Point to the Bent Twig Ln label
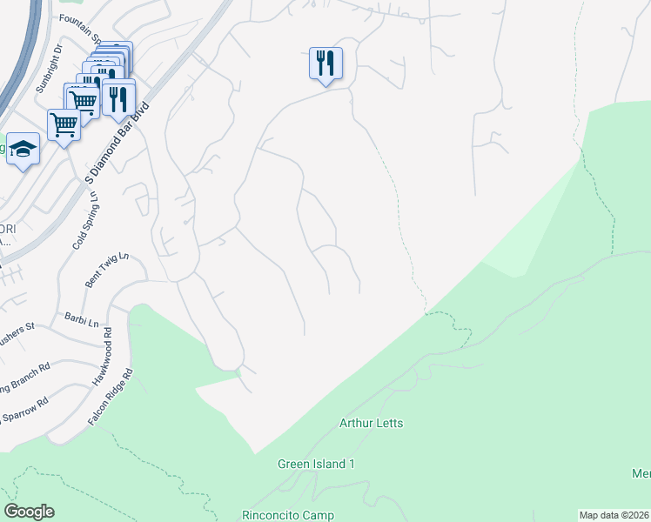pos(107,270)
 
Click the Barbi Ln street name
pos(80,319)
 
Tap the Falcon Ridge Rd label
pos(110,397)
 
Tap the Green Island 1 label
pos(317,464)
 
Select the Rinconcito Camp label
pos(287,515)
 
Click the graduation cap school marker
pos(23,147)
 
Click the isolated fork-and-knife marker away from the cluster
pos(325,63)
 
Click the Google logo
pos(29,512)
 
